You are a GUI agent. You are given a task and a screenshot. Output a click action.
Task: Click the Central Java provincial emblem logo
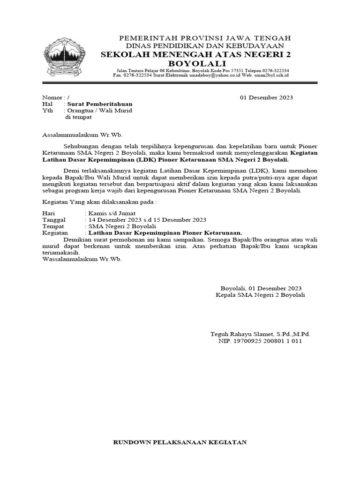pyautogui.click(x=65, y=59)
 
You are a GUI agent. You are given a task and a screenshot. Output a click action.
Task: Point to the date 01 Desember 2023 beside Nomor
pyautogui.click(x=266, y=97)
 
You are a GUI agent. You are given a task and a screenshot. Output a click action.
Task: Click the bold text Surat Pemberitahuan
pyautogui.click(x=100, y=104)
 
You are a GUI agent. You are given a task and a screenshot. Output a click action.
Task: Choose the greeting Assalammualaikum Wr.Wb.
pyautogui.click(x=82, y=135)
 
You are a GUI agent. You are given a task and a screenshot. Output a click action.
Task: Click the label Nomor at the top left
pyautogui.click(x=52, y=97)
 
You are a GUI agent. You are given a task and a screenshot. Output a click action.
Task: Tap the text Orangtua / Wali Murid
pyautogui.click(x=100, y=111)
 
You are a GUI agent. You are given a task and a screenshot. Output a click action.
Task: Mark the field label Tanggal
pyautogui.click(x=54, y=220)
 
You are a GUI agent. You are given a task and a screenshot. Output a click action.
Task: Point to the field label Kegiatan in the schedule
pyautogui.click(x=55, y=232)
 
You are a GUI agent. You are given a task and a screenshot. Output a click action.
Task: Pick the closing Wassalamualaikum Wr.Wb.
pyautogui.click(x=82, y=259)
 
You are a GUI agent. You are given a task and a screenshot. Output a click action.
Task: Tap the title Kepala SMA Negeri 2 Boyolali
pyautogui.click(x=260, y=295)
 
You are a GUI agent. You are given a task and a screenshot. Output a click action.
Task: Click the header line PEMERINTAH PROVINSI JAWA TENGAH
pyautogui.click(x=205, y=37)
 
